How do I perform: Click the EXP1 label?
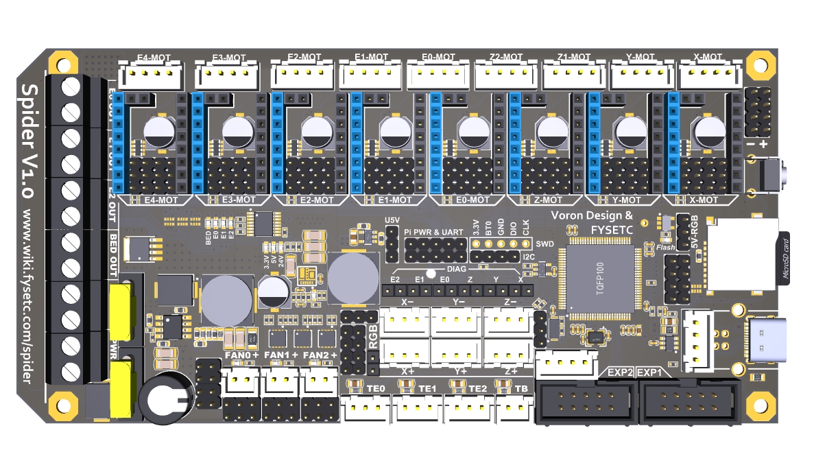(x=650, y=372)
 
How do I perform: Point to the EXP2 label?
(x=619, y=372)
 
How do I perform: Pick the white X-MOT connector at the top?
(x=709, y=75)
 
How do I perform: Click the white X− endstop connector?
(x=405, y=320)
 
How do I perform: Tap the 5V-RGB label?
(x=698, y=234)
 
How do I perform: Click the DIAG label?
(x=456, y=270)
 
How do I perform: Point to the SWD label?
(x=545, y=244)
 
